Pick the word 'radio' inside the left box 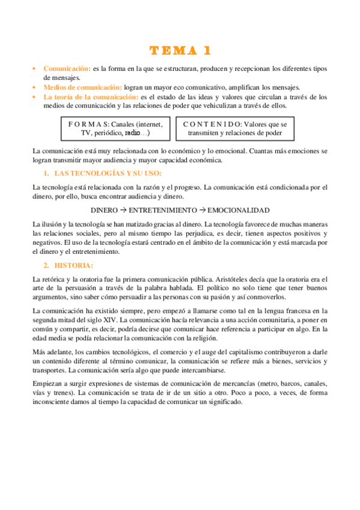pos(133,133)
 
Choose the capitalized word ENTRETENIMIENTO pos(162,210)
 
